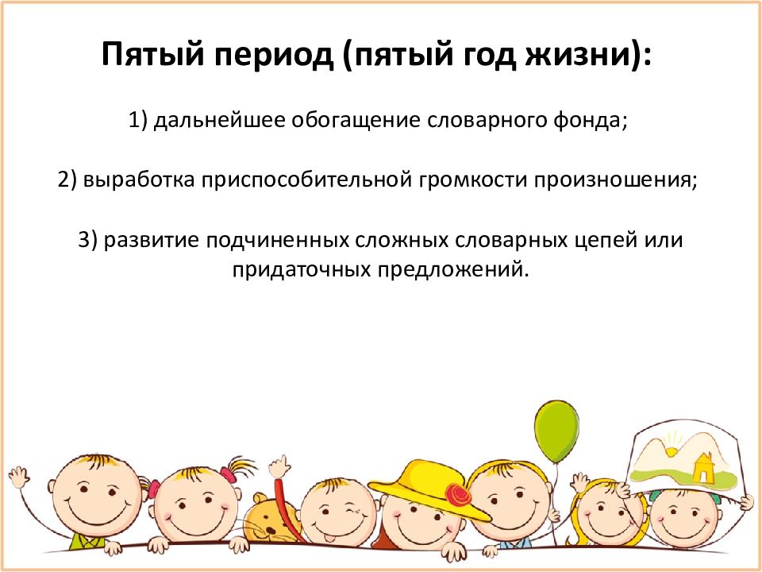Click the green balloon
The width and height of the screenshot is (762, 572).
coord(556,432)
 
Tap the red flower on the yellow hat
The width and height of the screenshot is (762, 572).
coord(458,494)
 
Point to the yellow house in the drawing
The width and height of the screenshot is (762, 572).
coord(702,468)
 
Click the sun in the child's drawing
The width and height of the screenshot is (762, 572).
coord(672,450)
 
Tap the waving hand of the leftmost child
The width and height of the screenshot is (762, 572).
coord(19,477)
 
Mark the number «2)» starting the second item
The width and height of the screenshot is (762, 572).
coord(67,180)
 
